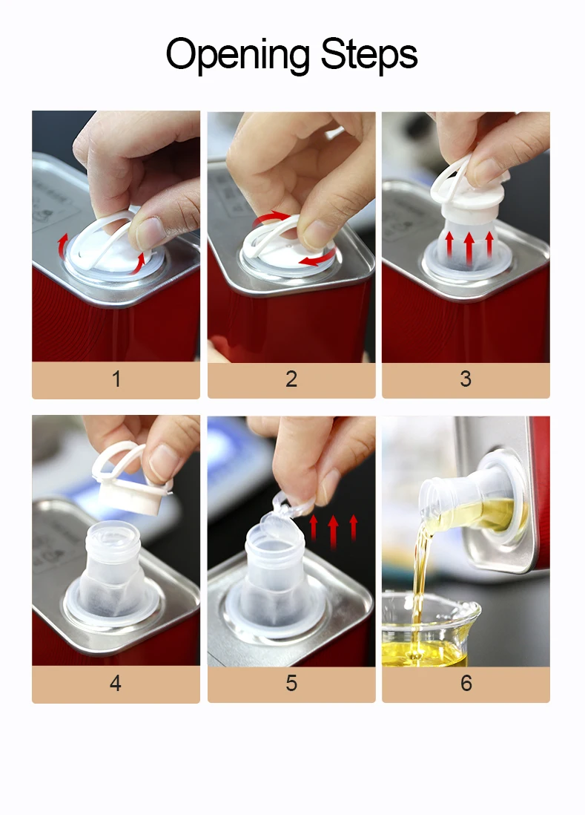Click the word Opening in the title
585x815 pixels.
(238, 55)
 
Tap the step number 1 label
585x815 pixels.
(116, 379)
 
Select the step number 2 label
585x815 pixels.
(291, 379)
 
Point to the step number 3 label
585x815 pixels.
(466, 379)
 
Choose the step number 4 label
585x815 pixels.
(116, 683)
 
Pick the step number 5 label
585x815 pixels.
(291, 683)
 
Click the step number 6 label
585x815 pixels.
(466, 683)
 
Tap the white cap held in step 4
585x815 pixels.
(130, 481)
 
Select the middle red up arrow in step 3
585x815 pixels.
(469, 249)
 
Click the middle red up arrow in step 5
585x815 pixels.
(333, 531)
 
